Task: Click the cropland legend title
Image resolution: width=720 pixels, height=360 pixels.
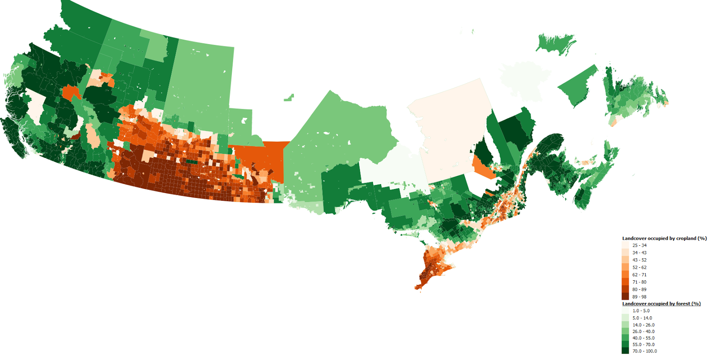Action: click(x=664, y=238)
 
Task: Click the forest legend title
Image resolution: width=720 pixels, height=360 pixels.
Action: click(x=661, y=304)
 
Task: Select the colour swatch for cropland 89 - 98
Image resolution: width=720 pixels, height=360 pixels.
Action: click(x=625, y=297)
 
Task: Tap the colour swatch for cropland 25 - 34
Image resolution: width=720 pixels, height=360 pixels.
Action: click(x=625, y=245)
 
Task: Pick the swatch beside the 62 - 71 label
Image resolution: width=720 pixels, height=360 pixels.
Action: click(x=625, y=274)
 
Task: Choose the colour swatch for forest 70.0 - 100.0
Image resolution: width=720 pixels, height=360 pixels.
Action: click(x=625, y=351)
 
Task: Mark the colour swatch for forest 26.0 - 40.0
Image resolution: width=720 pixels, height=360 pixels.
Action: click(x=625, y=331)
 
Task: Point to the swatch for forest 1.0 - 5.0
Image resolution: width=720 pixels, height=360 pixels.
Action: click(x=625, y=310)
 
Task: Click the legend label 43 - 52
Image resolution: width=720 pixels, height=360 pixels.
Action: click(x=639, y=260)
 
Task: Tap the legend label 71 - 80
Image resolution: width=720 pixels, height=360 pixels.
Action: click(x=639, y=282)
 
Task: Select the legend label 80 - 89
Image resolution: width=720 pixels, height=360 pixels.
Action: click(x=639, y=289)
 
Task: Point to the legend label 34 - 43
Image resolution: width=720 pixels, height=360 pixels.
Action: click(x=639, y=253)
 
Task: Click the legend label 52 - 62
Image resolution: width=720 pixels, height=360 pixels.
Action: click(x=639, y=267)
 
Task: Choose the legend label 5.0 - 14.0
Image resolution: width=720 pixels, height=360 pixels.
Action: click(x=642, y=318)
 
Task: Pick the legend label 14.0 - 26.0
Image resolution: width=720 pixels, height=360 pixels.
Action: click(x=643, y=325)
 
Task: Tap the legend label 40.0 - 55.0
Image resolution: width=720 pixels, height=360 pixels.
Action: click(x=643, y=338)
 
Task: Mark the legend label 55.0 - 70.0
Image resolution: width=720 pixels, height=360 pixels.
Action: click(x=643, y=345)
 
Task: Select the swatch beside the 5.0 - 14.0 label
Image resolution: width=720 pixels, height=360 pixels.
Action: click(x=625, y=318)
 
